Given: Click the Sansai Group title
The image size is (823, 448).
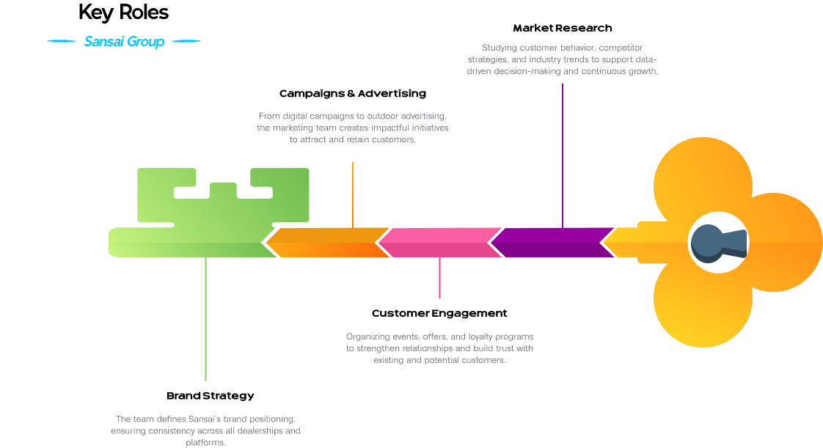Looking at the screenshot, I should click(x=124, y=42).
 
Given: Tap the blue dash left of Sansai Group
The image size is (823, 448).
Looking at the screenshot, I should click(x=62, y=42).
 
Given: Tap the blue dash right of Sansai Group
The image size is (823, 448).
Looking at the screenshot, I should click(x=186, y=42).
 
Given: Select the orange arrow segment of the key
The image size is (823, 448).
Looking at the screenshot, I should click(x=327, y=243).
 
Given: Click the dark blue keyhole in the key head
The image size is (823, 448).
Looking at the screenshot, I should click(x=715, y=243).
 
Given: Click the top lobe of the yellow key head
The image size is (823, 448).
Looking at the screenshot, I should click(x=703, y=176).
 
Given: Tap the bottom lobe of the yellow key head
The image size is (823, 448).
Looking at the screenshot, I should click(x=703, y=308).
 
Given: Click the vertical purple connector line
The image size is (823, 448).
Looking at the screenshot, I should click(x=563, y=155).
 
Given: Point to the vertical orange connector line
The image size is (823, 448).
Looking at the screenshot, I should click(x=353, y=194).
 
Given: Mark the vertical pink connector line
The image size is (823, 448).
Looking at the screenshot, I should click(x=439, y=278).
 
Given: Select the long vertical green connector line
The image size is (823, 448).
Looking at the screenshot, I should click(x=205, y=319).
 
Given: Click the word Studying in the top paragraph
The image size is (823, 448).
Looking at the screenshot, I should click(x=500, y=48).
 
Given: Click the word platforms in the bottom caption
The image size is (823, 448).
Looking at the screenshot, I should click(x=205, y=443).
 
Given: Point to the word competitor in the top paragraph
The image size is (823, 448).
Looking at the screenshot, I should click(x=621, y=48).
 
